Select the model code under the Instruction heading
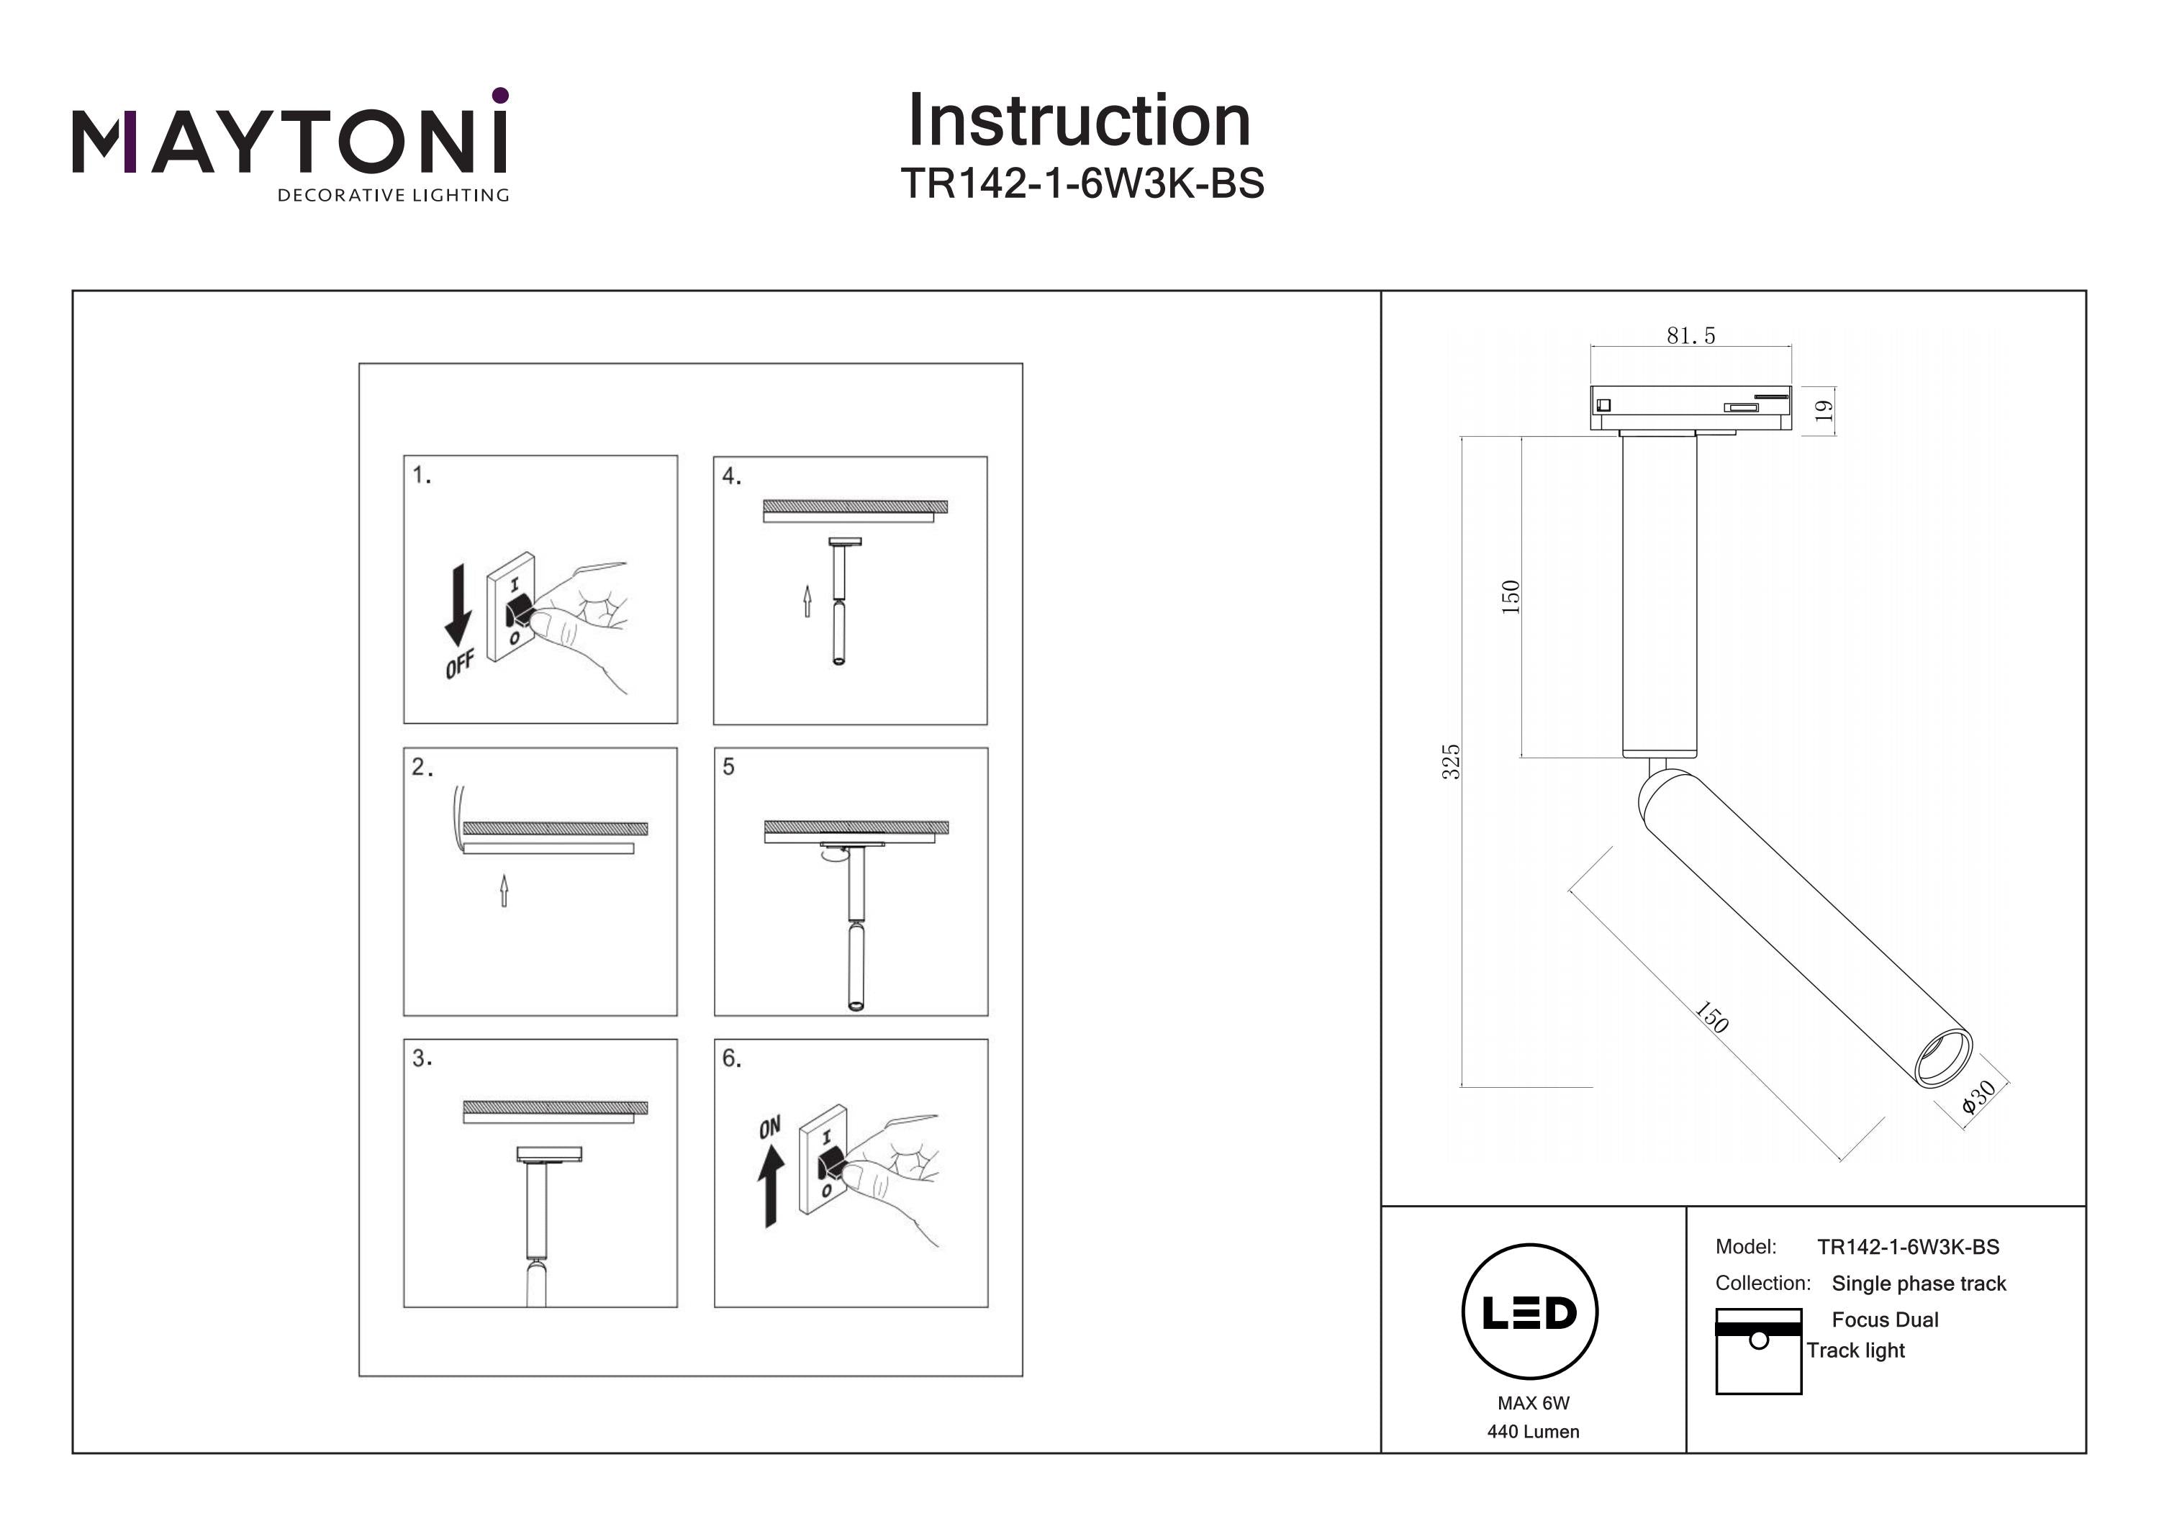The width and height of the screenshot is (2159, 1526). (x=1082, y=183)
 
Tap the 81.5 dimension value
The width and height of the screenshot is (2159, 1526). (x=1690, y=336)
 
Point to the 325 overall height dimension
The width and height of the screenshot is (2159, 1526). (x=1451, y=762)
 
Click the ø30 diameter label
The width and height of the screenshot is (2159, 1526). (x=1978, y=1097)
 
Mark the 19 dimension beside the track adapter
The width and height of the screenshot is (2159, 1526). (x=1824, y=411)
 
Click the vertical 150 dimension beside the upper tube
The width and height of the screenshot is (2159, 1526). (x=1510, y=597)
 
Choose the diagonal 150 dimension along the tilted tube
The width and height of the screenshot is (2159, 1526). (x=1711, y=1018)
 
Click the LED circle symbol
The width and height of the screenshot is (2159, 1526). (x=1530, y=1312)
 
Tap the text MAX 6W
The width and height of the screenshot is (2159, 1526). (x=1533, y=1403)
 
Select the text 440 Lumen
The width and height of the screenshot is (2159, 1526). (x=1533, y=1431)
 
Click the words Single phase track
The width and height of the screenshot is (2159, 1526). (x=1919, y=1284)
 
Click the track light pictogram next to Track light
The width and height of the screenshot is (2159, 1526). (x=1757, y=1350)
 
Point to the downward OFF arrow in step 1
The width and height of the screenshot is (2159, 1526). (x=458, y=604)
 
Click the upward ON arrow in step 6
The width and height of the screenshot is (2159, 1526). (x=771, y=1189)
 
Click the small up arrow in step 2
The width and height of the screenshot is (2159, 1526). (x=504, y=891)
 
